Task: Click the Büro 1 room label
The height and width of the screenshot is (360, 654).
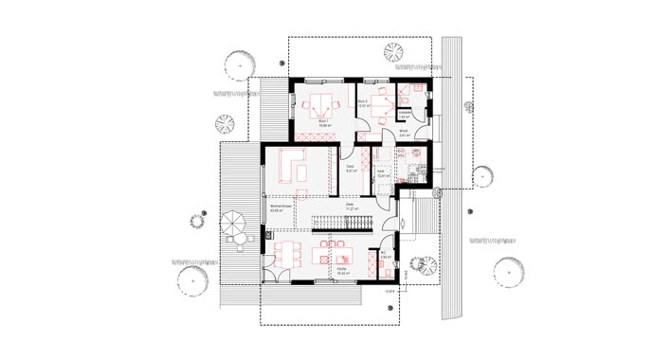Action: [x=323, y=122]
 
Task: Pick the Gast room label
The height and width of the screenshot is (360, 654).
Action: [x=350, y=170]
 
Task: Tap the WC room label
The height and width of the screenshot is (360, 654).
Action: [x=386, y=255]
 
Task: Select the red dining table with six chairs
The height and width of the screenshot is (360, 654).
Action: [x=287, y=253]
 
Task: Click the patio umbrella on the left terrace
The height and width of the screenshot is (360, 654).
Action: [x=233, y=225]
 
